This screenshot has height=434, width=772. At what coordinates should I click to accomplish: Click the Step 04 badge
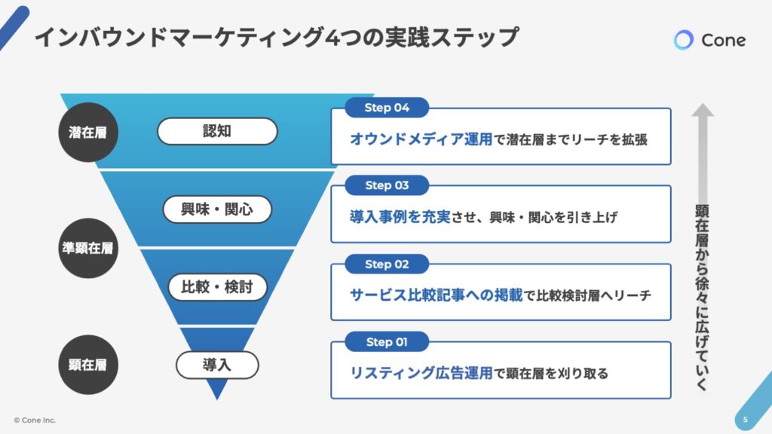click(387, 108)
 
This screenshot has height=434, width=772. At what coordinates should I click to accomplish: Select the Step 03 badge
click(387, 185)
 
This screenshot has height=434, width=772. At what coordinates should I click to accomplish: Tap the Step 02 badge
click(387, 264)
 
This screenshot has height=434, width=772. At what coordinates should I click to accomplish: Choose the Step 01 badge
click(387, 342)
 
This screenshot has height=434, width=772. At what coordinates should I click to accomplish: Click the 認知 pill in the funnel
click(217, 131)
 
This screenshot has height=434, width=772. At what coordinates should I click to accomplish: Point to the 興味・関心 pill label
click(217, 209)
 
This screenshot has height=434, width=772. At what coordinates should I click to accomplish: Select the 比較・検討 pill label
click(217, 287)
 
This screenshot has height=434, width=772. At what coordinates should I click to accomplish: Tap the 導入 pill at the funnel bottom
click(217, 365)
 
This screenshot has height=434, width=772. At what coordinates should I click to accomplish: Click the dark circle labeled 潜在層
click(88, 133)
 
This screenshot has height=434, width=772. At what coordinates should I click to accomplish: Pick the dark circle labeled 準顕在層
click(88, 248)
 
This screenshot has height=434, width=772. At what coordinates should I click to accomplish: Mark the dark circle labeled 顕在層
click(88, 365)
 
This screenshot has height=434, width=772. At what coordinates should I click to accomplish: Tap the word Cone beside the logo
click(723, 41)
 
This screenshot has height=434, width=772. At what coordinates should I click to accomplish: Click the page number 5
click(746, 420)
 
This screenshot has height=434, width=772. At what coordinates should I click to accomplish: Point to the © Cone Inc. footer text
click(35, 420)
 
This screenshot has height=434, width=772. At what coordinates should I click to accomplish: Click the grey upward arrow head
click(703, 110)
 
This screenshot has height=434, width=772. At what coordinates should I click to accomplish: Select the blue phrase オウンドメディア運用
click(421, 139)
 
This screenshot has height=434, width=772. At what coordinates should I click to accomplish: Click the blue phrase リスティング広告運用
click(421, 373)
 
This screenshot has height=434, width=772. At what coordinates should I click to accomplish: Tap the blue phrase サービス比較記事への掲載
click(437, 295)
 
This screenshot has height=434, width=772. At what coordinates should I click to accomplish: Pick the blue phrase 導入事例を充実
click(400, 217)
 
